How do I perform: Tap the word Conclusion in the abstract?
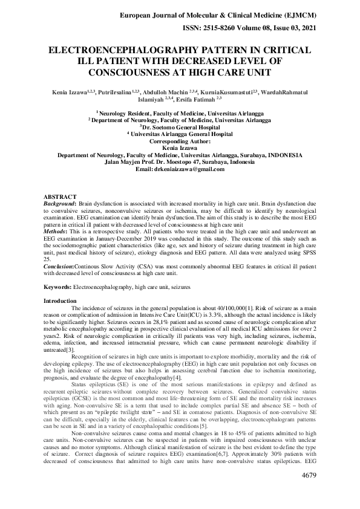[x=61, y=265]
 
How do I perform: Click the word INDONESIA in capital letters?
[x=287, y=155]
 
